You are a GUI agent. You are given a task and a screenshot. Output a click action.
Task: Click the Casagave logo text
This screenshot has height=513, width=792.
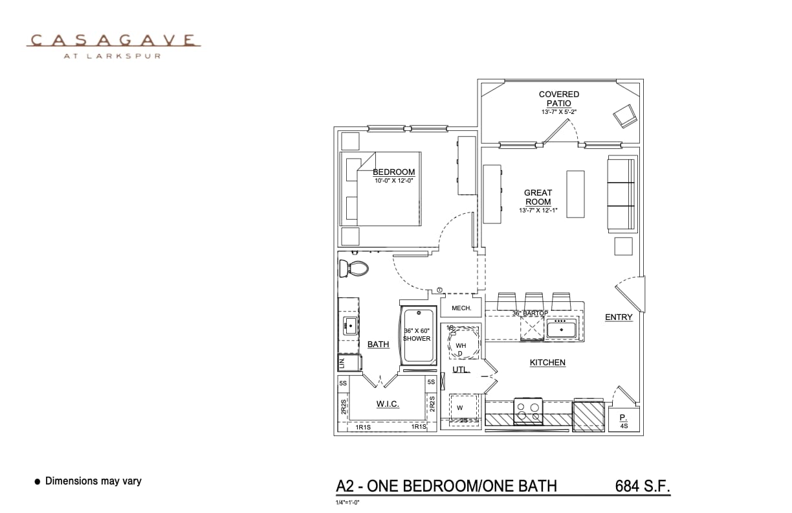tap(113, 41)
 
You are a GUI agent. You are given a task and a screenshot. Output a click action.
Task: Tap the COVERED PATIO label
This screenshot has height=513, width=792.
tap(559, 99)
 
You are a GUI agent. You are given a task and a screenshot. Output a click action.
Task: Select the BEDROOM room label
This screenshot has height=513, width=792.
tap(393, 172)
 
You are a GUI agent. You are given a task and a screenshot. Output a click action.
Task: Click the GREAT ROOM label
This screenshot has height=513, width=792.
tap(538, 197)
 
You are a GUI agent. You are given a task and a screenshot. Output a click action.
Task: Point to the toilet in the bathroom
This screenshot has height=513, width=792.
tap(354, 268)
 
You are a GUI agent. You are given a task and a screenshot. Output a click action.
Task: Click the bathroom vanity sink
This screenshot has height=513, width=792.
tap(350, 326)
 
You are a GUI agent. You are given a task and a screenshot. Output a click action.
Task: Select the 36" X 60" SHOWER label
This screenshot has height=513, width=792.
tap(417, 334)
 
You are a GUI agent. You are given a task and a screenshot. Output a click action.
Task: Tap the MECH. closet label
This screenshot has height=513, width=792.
tap(461, 308)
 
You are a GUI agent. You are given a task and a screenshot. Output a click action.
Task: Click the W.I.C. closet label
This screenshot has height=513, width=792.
tap(388, 404)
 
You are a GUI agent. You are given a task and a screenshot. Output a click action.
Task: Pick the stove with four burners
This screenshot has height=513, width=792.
tap(527, 411)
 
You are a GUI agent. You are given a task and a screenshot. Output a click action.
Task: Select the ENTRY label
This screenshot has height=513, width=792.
tap(619, 317)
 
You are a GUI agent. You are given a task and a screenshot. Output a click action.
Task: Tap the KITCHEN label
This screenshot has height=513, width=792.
tap(547, 363)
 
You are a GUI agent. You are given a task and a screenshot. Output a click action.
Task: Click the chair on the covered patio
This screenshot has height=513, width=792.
tap(625, 116)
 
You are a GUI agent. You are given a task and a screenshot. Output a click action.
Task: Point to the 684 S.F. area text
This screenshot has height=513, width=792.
tap(642, 486)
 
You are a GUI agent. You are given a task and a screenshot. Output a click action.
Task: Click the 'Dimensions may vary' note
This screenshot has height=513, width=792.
tap(93, 481)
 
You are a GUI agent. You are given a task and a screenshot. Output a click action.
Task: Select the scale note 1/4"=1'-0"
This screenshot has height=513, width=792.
tap(347, 502)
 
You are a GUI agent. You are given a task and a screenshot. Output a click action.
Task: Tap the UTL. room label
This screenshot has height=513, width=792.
tap(461, 370)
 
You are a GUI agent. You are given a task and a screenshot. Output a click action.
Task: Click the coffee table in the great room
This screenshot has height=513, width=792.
tap(575, 194)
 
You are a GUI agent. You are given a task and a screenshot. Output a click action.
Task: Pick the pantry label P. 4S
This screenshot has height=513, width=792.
tap(624, 422)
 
